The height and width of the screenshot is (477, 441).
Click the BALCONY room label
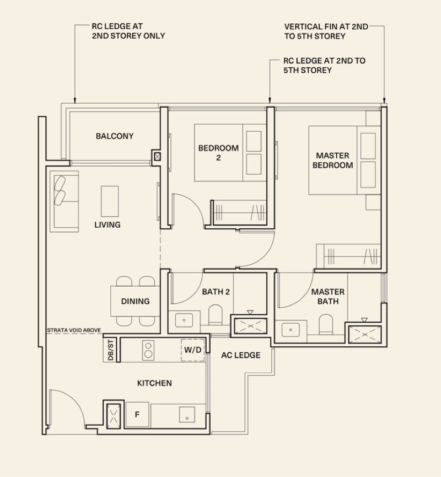(x=115, y=136)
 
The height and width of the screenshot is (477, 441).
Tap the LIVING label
(x=107, y=225)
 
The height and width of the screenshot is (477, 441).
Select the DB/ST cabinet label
(x=111, y=350)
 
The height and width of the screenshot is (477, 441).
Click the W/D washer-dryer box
(x=193, y=350)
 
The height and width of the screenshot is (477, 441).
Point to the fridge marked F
(x=137, y=415)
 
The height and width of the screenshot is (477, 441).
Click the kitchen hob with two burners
(x=148, y=350)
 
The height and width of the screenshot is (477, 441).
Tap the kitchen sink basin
(x=187, y=415)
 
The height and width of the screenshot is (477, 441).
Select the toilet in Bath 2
(x=216, y=315)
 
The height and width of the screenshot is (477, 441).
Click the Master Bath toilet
(x=326, y=325)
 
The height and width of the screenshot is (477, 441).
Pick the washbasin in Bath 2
(x=184, y=320)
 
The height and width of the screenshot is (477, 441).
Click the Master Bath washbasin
(x=291, y=330)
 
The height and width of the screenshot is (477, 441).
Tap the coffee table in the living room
(x=110, y=201)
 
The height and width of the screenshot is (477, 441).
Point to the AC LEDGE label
(x=240, y=355)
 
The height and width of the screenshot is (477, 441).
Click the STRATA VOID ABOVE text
(x=74, y=330)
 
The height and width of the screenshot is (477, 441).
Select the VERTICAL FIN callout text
(x=326, y=31)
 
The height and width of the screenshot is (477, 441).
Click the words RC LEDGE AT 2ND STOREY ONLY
(x=128, y=31)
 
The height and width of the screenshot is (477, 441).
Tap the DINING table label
(x=136, y=301)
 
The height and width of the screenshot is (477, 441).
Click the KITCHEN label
(x=154, y=383)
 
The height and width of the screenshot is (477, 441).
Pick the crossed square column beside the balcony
(x=157, y=157)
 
